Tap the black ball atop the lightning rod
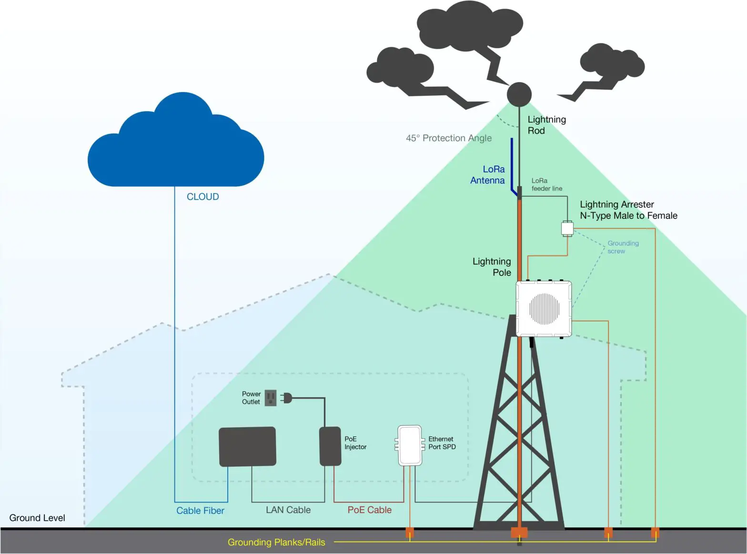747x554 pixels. click(x=519, y=94)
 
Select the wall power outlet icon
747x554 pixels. click(x=271, y=398)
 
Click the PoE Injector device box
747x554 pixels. click(x=330, y=446)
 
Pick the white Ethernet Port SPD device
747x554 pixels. click(x=410, y=445)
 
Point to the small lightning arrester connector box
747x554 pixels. click(x=567, y=228)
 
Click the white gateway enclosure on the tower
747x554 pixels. click(x=544, y=308)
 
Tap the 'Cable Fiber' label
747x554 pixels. click(x=200, y=511)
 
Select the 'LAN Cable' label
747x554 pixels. click(x=288, y=510)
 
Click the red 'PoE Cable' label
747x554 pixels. click(x=369, y=510)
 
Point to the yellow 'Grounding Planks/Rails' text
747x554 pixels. click(x=276, y=543)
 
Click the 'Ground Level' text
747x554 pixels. click(x=37, y=518)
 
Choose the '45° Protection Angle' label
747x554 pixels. click(x=448, y=138)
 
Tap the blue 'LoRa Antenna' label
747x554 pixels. click(x=488, y=175)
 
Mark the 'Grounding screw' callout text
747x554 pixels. click(x=623, y=247)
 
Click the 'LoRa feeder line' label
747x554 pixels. click(x=546, y=185)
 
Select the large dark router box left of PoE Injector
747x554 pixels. click(x=247, y=446)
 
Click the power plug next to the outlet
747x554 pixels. click(x=286, y=398)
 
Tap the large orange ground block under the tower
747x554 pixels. click(x=519, y=532)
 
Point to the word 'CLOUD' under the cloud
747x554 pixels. click(x=202, y=197)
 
